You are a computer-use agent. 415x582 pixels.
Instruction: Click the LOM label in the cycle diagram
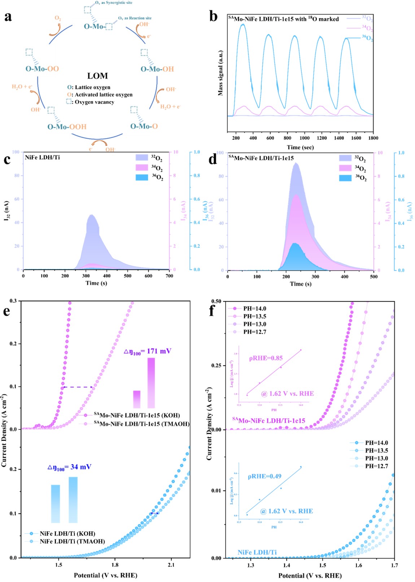(97, 76)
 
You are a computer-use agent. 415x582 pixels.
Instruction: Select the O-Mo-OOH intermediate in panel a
(67, 127)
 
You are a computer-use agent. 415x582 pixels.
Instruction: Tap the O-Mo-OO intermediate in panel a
(42, 69)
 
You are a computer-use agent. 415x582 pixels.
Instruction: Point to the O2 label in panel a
(58, 18)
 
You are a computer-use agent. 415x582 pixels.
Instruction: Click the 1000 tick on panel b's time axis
(305, 138)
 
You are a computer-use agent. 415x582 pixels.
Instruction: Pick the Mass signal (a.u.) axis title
(220, 73)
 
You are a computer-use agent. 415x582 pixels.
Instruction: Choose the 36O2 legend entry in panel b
(367, 38)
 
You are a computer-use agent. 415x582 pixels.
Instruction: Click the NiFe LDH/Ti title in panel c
(42, 157)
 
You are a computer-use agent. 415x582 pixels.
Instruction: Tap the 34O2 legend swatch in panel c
(142, 168)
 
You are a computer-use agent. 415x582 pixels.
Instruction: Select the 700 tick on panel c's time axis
(169, 276)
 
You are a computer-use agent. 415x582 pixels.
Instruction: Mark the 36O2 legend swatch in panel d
(345, 178)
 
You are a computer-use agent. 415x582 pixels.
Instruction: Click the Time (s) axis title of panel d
(301, 284)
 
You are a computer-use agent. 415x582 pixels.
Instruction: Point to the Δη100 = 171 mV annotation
(147, 351)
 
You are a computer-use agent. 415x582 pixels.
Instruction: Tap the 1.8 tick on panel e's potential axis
(115, 565)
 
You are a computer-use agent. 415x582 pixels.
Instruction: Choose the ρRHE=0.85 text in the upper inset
(266, 358)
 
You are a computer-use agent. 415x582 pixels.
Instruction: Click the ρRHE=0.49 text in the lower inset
(265, 476)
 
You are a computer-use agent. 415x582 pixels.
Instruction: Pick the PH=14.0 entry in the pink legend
(254, 309)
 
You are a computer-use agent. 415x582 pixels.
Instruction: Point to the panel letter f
(213, 310)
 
